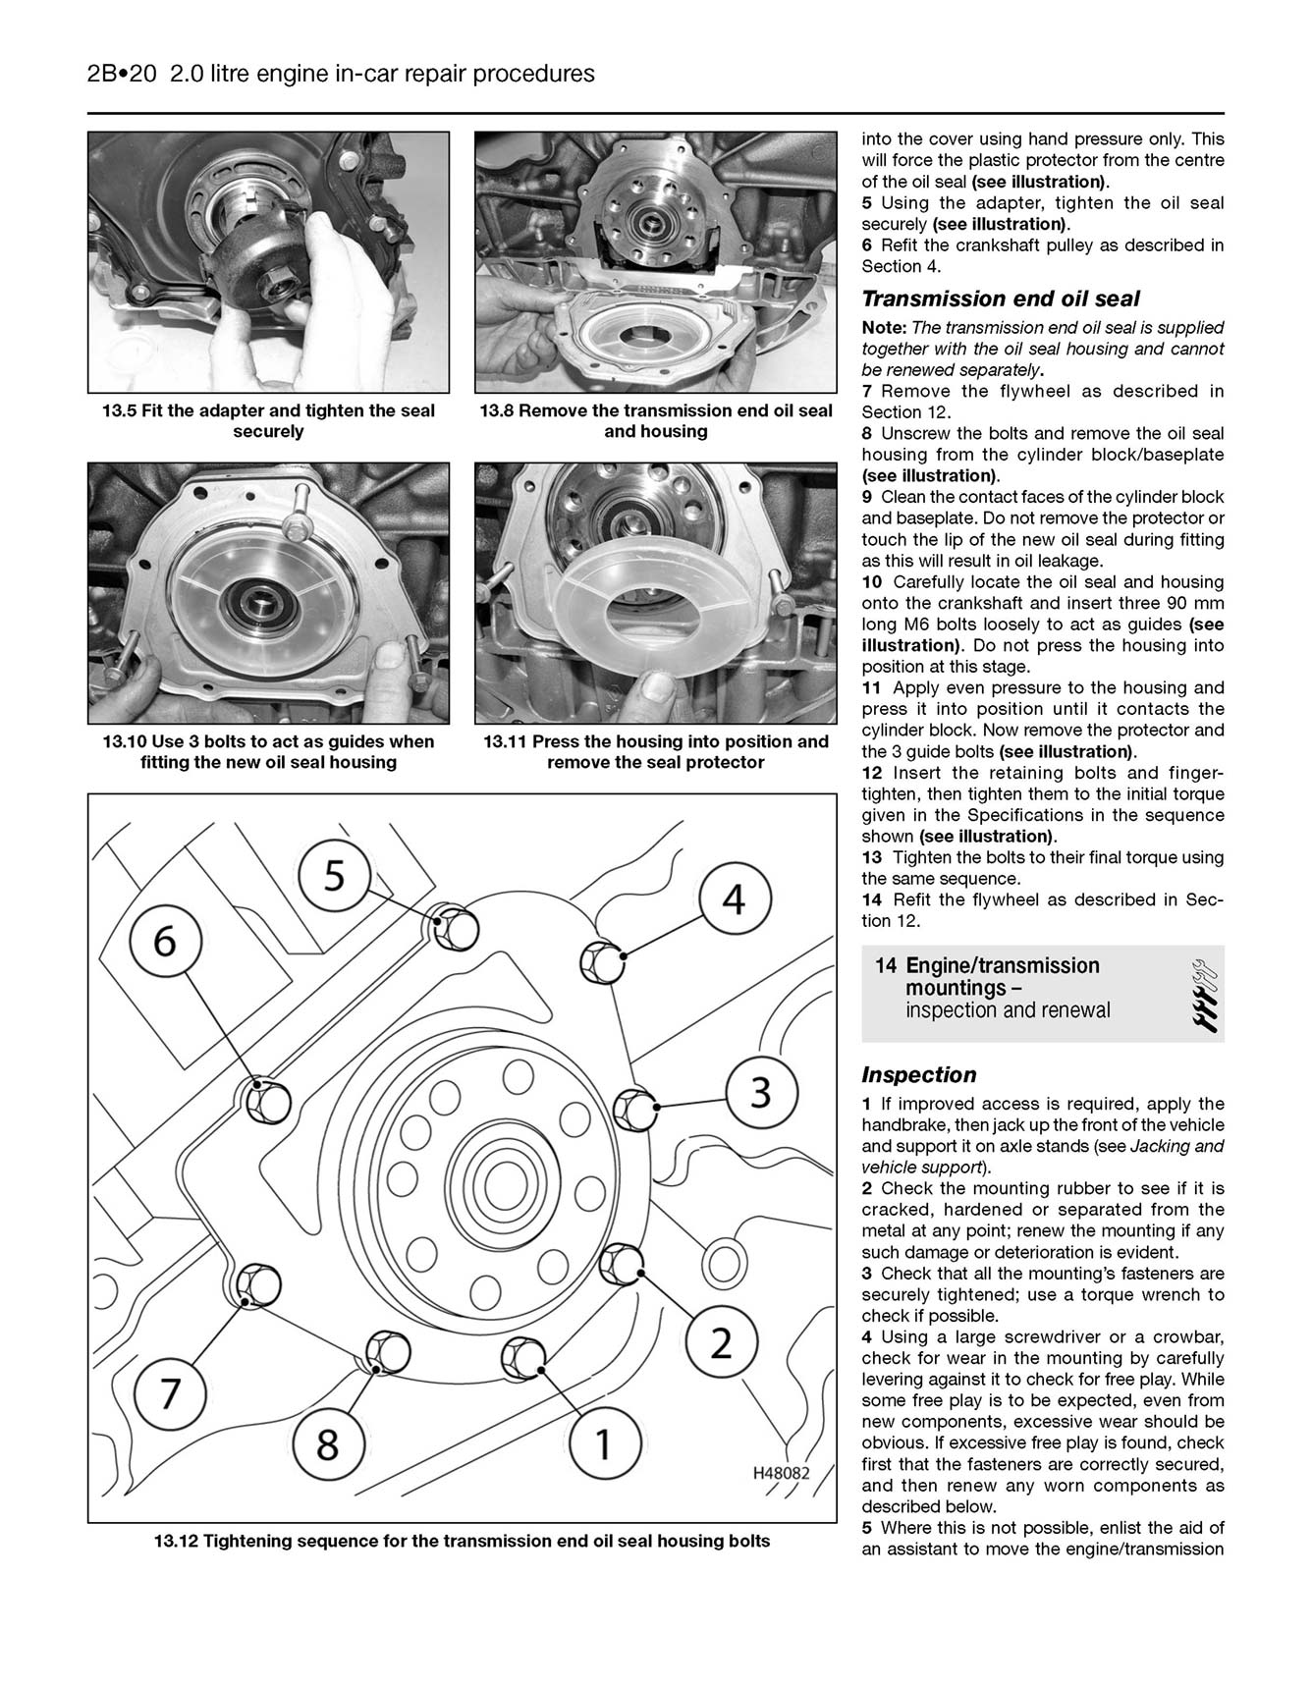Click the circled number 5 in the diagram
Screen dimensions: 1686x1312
[335, 875]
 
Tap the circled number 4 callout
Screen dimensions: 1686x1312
[735, 899]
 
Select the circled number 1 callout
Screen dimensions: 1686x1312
[604, 1443]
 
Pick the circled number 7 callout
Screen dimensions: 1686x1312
[170, 1393]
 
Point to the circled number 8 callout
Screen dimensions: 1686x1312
[327, 1444]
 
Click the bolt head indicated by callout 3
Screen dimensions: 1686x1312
[633, 1110]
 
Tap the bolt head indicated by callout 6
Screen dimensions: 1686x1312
[266, 1101]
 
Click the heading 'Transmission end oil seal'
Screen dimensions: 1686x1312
[1000, 299]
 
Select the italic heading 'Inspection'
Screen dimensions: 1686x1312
[918, 1074]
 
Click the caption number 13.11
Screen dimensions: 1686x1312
[505, 741]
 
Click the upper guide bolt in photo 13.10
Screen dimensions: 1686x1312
[297, 520]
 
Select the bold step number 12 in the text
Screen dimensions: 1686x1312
[872, 773]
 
